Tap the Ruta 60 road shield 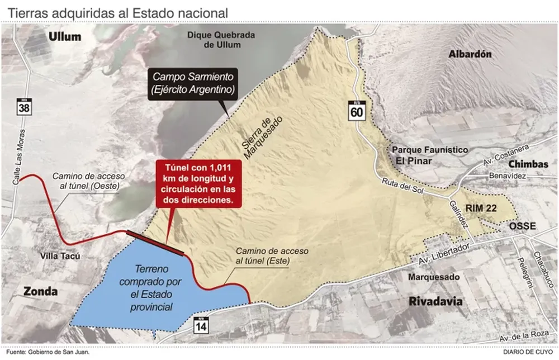point(356,110)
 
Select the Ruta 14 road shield point(201,324)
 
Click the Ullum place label point(65,37)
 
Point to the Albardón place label point(470,54)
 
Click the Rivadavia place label point(436,301)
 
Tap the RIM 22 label point(481,207)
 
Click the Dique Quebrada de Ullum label point(221,40)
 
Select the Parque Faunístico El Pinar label point(429,155)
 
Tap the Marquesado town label point(434,277)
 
